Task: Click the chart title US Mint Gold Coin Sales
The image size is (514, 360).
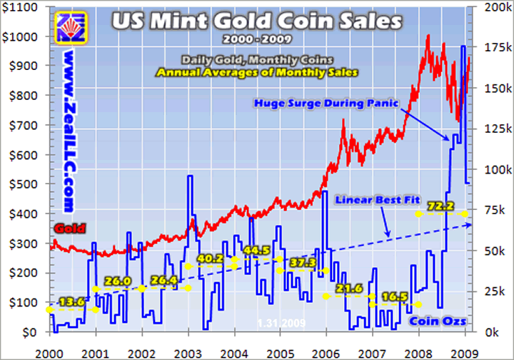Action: point(256,21)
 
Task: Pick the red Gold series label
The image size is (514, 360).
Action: point(69,229)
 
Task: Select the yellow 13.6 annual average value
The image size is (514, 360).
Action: point(71,302)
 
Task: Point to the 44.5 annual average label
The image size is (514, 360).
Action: point(256,251)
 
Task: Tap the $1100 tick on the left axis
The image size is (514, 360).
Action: point(24,6)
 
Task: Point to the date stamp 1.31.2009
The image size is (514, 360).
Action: point(282,324)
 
